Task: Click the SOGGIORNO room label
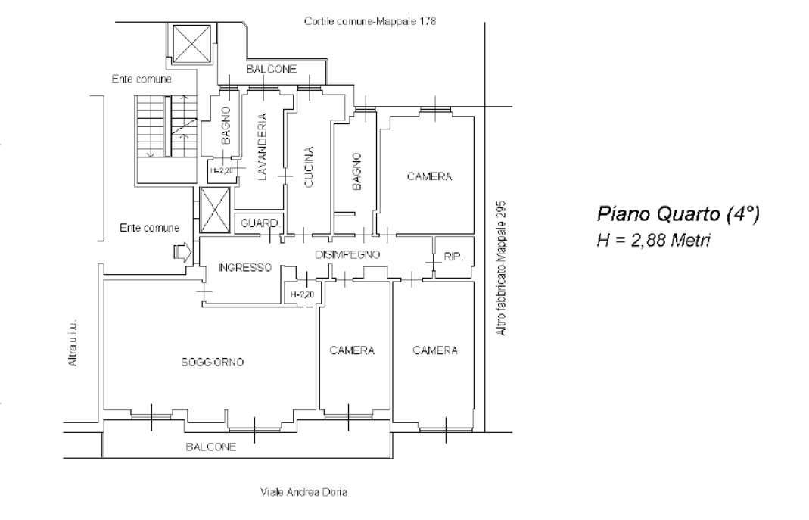pyautogui.click(x=212, y=362)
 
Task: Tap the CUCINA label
pyautogui.click(x=309, y=167)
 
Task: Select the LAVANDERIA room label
pyautogui.click(x=262, y=147)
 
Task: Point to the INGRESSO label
pyautogui.click(x=244, y=267)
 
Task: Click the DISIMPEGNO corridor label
pyautogui.click(x=347, y=254)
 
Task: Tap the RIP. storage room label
pyautogui.click(x=453, y=257)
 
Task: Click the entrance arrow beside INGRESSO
pyautogui.click(x=183, y=253)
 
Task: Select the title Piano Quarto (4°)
pyautogui.click(x=678, y=213)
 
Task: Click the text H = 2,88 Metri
pyautogui.click(x=653, y=240)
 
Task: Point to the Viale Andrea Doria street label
pyautogui.click(x=304, y=492)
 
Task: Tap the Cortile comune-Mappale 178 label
pyautogui.click(x=370, y=21)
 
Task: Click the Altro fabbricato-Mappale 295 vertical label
pyautogui.click(x=502, y=268)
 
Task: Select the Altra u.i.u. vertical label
pyautogui.click(x=73, y=342)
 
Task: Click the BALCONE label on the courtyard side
pyautogui.click(x=272, y=69)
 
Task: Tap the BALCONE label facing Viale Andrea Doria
pyautogui.click(x=211, y=447)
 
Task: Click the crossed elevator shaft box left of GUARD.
pyautogui.click(x=215, y=210)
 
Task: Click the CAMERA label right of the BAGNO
pyautogui.click(x=429, y=176)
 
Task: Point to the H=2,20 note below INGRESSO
pyautogui.click(x=303, y=294)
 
